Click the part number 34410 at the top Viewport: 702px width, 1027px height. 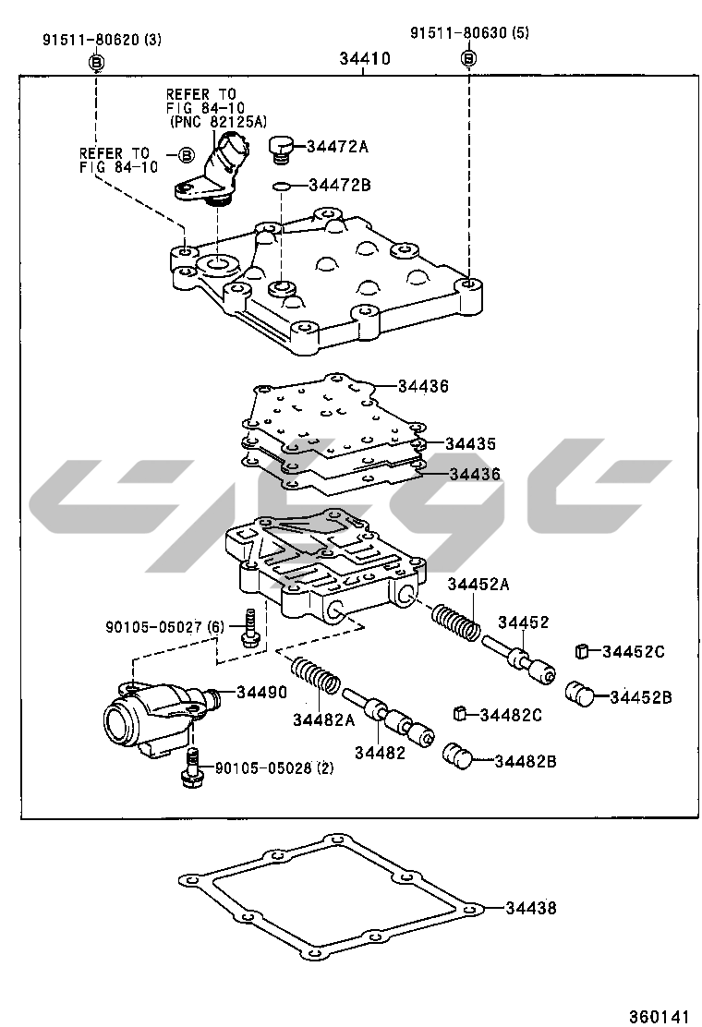click(364, 58)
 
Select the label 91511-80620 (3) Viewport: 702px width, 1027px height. click(102, 40)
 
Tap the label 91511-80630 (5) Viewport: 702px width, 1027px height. click(470, 33)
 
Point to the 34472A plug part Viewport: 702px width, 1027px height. click(280, 147)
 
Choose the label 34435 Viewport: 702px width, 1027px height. click(470, 443)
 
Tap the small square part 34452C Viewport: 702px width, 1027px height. click(583, 651)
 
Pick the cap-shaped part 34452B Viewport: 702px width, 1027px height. click(579, 693)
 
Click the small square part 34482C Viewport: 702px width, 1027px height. click(460, 713)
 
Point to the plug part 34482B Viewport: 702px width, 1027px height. click(458, 755)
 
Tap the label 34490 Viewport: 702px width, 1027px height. click(261, 693)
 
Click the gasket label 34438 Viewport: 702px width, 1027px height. click(531, 908)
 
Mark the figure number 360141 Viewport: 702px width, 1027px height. click(660, 1016)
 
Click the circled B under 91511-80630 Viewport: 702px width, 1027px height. click(468, 58)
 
